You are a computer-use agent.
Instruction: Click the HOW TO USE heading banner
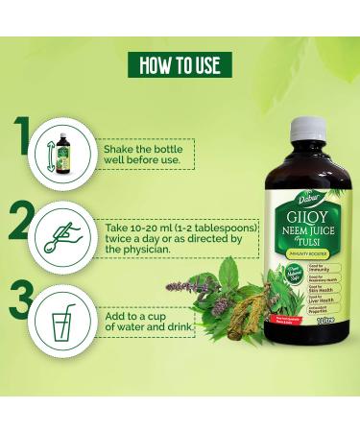click(x=180, y=64)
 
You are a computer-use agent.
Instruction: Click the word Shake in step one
click(x=119, y=147)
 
